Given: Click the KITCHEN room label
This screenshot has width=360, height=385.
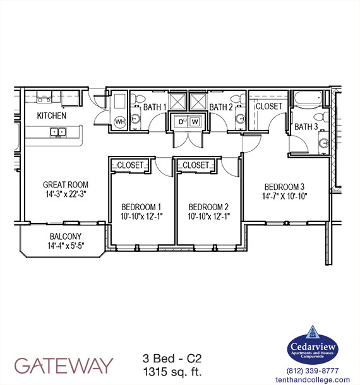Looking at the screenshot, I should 52,115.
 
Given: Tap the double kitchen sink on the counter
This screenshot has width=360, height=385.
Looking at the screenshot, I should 58,133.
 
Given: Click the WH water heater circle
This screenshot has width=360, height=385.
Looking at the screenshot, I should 119,122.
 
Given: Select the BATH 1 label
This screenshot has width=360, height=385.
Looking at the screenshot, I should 155,107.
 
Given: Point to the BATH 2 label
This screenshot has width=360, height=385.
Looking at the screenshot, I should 221,107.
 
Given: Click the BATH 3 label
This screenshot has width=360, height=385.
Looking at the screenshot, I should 306,127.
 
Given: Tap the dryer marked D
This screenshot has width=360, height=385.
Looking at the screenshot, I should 181,121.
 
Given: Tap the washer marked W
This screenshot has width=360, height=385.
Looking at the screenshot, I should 195,121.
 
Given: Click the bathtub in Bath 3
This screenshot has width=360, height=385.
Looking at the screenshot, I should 307,100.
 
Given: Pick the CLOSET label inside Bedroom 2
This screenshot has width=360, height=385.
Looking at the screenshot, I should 196,165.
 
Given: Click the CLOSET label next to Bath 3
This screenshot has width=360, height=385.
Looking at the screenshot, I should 268,106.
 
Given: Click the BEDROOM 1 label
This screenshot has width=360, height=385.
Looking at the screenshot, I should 141,207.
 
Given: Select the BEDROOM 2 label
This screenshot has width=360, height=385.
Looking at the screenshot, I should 208,207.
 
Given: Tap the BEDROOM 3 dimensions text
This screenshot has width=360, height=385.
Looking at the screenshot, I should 284,197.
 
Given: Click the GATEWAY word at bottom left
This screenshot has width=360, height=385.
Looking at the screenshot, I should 64,365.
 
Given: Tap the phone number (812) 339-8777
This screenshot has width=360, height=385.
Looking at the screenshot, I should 313,370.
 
